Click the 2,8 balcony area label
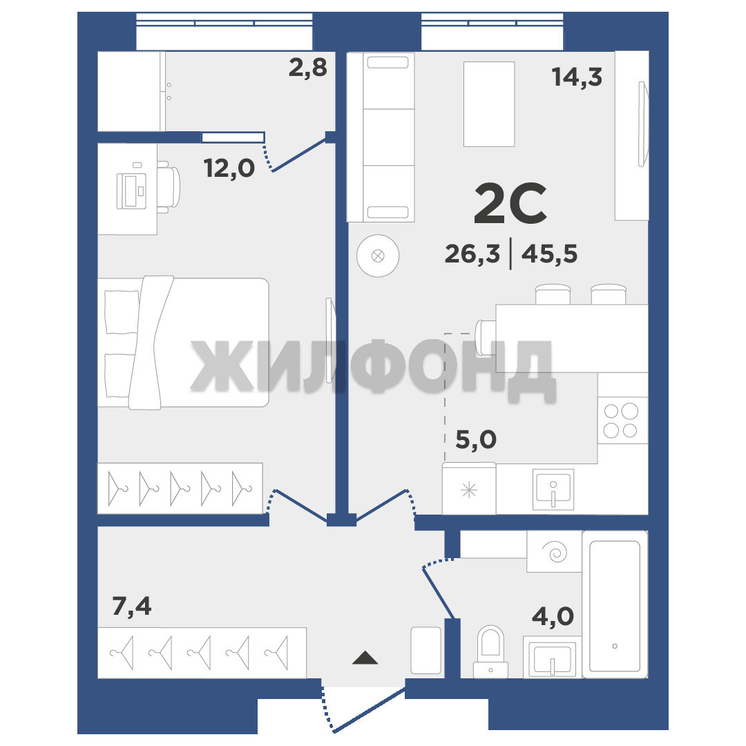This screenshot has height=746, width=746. coord(308,68)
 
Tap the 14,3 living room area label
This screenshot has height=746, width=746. coord(577,77)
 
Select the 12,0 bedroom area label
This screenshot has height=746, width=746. coord(229,169)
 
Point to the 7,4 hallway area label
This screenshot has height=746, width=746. coord(132,606)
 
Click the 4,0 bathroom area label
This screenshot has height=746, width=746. coord(553,617)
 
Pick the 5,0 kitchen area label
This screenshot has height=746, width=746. coord(476,439)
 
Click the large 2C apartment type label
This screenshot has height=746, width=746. coord(510,204)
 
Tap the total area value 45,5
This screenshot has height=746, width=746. coord(550,254)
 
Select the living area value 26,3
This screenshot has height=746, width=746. coord(472,254)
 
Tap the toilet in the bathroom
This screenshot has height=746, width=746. coord(490,651)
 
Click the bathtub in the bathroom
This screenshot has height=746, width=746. coord(615,604)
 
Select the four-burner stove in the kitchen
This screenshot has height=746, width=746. coord(623,420)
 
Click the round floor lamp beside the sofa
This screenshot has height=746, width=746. coord(378,256)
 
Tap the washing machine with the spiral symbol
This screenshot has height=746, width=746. coord(554,552)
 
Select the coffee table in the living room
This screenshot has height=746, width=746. coord(489,104)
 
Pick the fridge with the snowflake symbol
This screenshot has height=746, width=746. coord(469,489)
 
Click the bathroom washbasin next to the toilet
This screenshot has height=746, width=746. coord(553,658)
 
